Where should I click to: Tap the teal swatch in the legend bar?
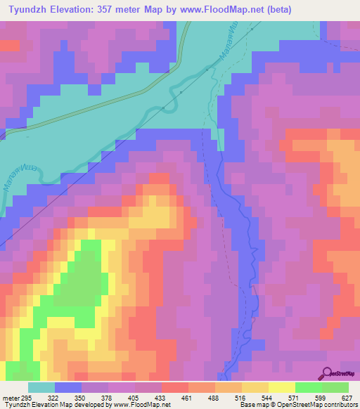(41, 388)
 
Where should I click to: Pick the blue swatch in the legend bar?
(67, 388)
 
